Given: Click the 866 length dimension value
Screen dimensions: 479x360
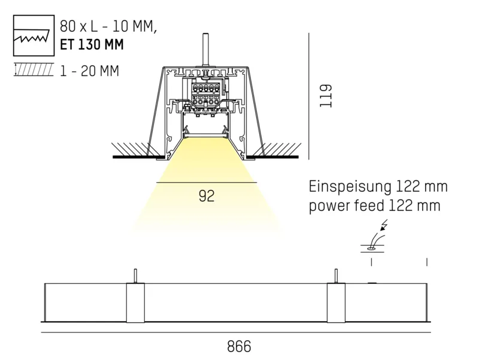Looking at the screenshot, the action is [x=239, y=347].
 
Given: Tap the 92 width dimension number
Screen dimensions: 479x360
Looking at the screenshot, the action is [x=207, y=196].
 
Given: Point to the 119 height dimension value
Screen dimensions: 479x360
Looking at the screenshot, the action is [x=326, y=96].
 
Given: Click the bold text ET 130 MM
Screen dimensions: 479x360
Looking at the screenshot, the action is [x=92, y=44].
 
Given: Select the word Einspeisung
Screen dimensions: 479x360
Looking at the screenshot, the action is [x=350, y=187].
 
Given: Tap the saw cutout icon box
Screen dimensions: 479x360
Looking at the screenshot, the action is [x=34, y=35].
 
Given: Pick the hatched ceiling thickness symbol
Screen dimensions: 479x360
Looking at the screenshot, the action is [x=34, y=69].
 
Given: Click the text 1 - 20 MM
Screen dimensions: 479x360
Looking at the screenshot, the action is [x=89, y=71].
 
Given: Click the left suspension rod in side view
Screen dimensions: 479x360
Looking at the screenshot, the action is [x=135, y=276].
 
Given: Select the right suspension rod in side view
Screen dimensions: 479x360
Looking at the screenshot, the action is [x=336, y=276].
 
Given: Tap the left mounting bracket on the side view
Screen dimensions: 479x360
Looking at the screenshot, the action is [x=135, y=302].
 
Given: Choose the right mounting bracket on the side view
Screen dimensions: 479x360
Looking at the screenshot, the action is [x=336, y=302].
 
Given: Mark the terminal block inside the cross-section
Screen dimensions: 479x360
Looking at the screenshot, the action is [x=205, y=94].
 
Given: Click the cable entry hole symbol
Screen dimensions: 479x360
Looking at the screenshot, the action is [x=372, y=249].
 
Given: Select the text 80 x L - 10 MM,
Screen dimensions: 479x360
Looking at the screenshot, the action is [x=108, y=26].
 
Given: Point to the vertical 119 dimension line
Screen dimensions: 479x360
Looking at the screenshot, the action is [x=309, y=96].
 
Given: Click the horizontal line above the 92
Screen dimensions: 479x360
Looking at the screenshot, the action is [x=207, y=183].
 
